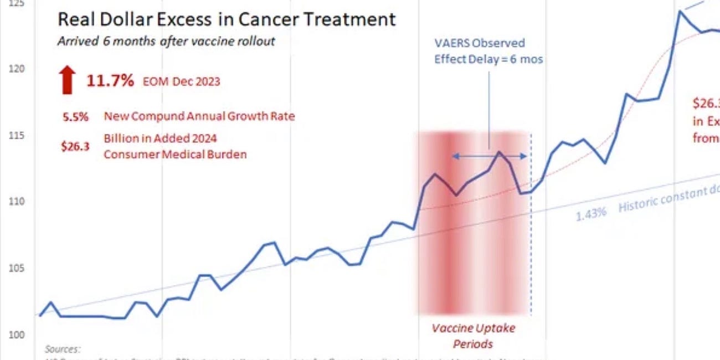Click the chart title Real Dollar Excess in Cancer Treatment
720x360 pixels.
click(227, 20)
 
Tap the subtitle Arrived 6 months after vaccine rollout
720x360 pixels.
click(166, 42)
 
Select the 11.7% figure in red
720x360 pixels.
click(110, 81)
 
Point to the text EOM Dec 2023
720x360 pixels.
click(181, 81)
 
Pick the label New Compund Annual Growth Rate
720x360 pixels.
click(199, 116)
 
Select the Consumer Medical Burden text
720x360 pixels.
click(175, 154)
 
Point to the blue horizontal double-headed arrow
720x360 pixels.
click(490, 157)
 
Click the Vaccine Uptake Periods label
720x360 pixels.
click(474, 336)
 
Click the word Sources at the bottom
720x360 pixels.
click(63, 349)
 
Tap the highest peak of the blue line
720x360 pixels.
click(678, 11)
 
